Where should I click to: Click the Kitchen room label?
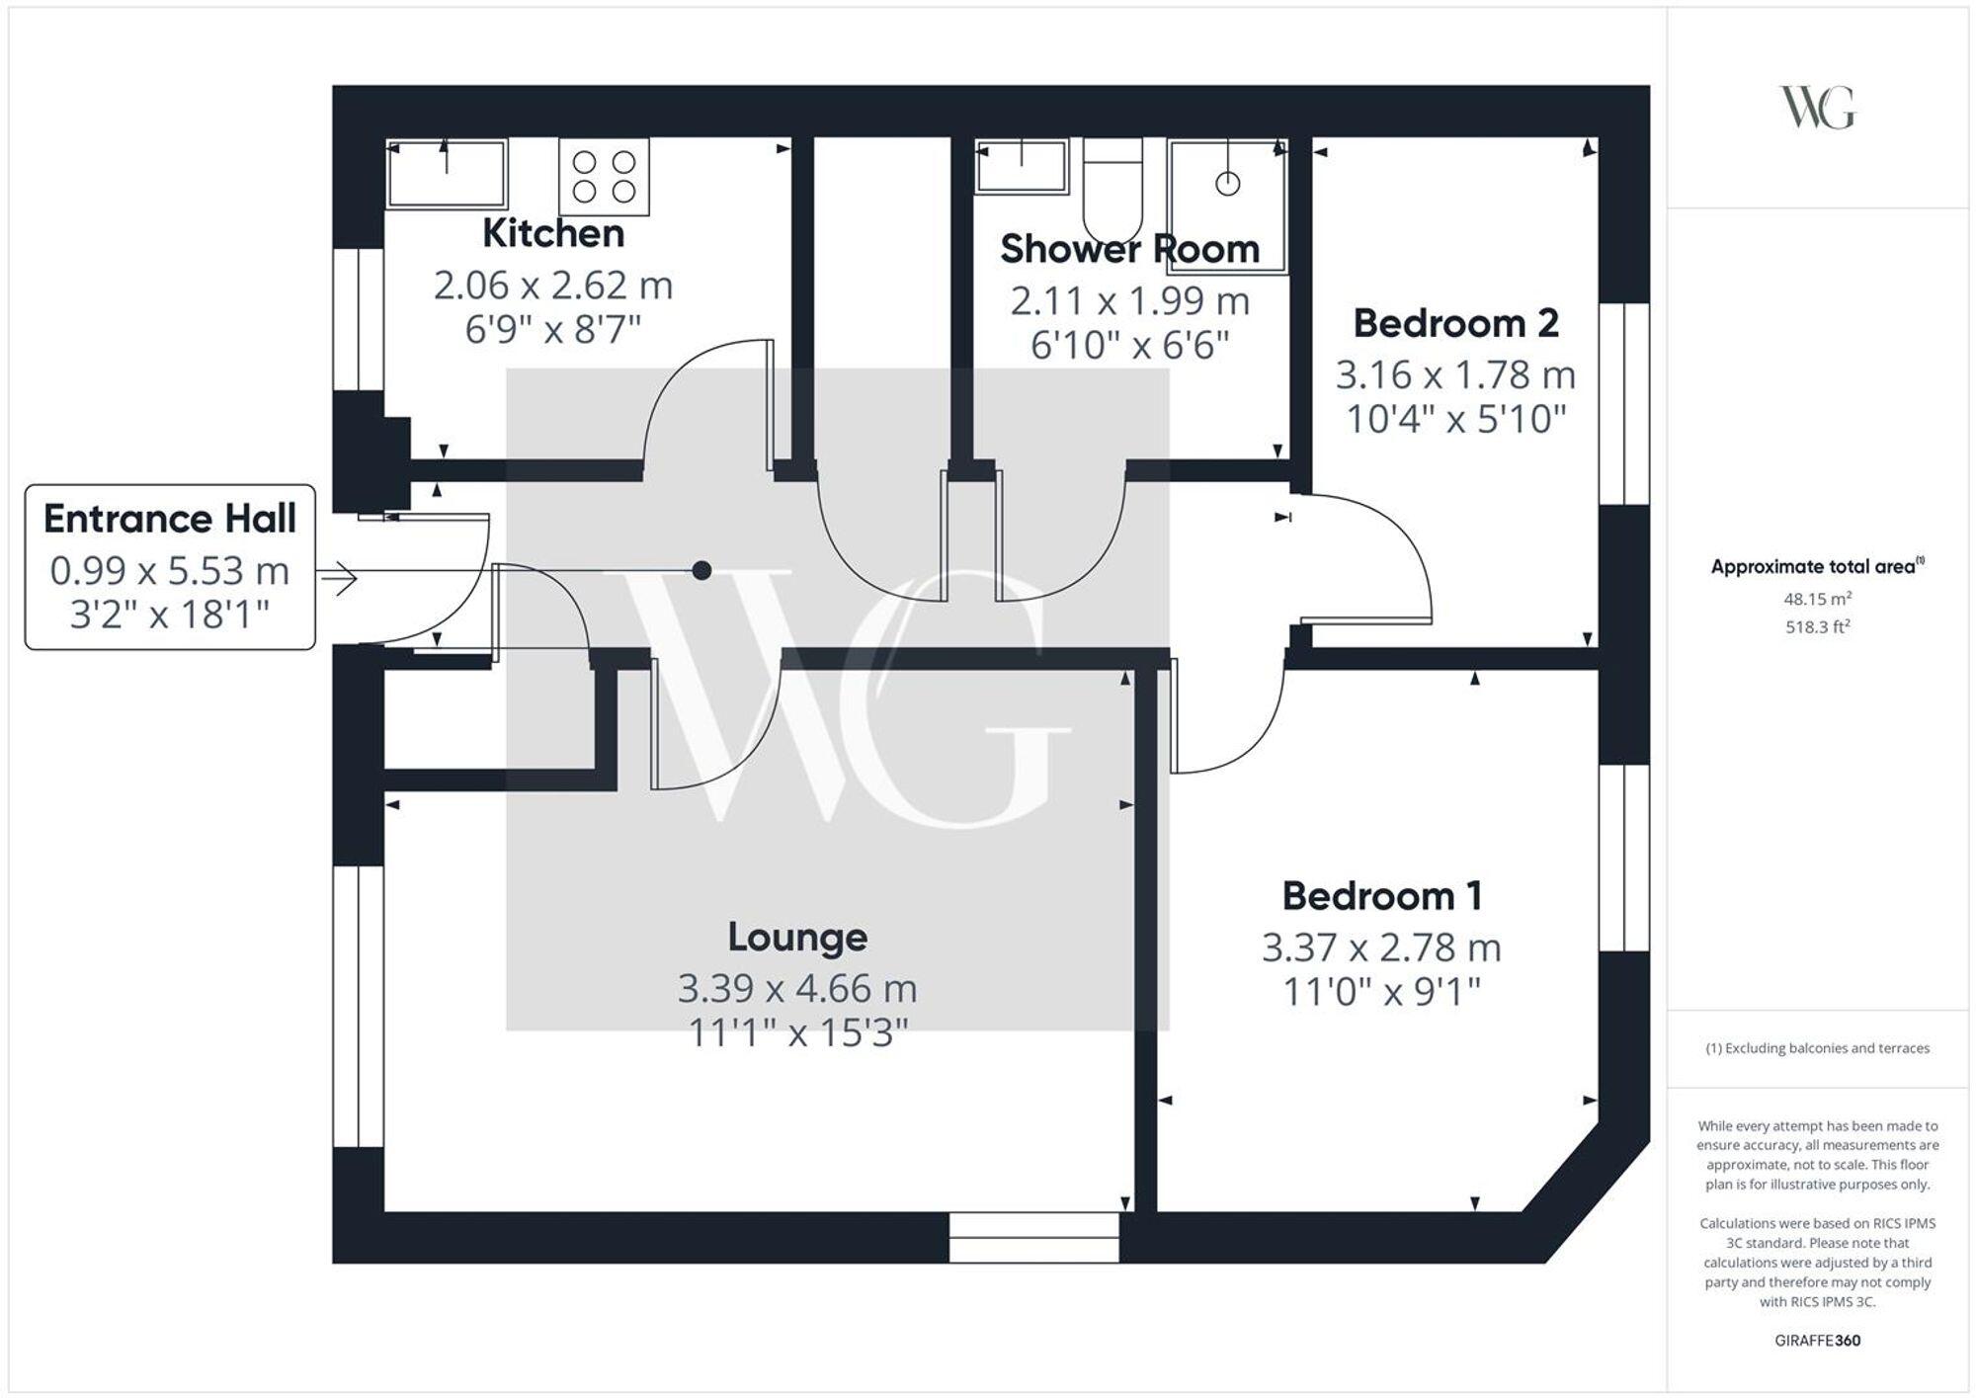tap(553, 234)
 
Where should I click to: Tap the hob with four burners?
tap(604, 177)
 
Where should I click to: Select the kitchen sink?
tap(447, 174)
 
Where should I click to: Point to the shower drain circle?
tap(1227, 184)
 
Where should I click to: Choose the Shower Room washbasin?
tap(1021, 166)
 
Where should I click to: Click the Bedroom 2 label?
tap(1455, 323)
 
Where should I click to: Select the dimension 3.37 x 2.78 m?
tap(1380, 947)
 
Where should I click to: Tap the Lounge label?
tap(797, 937)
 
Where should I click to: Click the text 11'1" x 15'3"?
tap(797, 1033)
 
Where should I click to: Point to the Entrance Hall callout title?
tap(170, 519)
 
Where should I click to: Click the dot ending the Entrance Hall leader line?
tap(701, 570)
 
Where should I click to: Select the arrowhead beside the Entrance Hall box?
tap(341, 578)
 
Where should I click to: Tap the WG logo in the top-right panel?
tap(1817, 108)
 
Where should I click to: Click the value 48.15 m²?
tap(1817, 599)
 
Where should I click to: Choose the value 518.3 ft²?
tap(1817, 626)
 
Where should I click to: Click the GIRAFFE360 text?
tap(1817, 1341)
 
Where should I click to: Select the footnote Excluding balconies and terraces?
tap(1817, 1048)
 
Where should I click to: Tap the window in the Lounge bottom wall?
tap(1033, 1238)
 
